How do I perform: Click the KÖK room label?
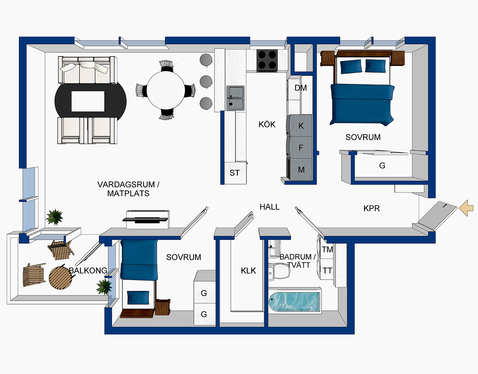[x=267, y=124]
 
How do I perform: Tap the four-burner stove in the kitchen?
[x=267, y=60]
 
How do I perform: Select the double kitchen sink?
[x=235, y=98]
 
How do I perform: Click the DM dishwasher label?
[x=301, y=88]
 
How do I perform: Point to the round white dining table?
[x=165, y=89]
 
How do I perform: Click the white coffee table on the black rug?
[x=88, y=101]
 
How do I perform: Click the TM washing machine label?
[x=327, y=250]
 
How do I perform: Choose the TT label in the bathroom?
[x=327, y=271]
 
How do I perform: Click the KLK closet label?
[x=248, y=271]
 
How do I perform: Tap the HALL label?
[x=269, y=207]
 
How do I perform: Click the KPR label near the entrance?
[x=371, y=209]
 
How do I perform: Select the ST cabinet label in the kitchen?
[x=235, y=173]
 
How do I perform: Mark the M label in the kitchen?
[x=301, y=170]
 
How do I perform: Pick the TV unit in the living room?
[x=147, y=219]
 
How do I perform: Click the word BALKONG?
[x=88, y=271]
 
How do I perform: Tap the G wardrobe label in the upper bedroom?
[x=382, y=166]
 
